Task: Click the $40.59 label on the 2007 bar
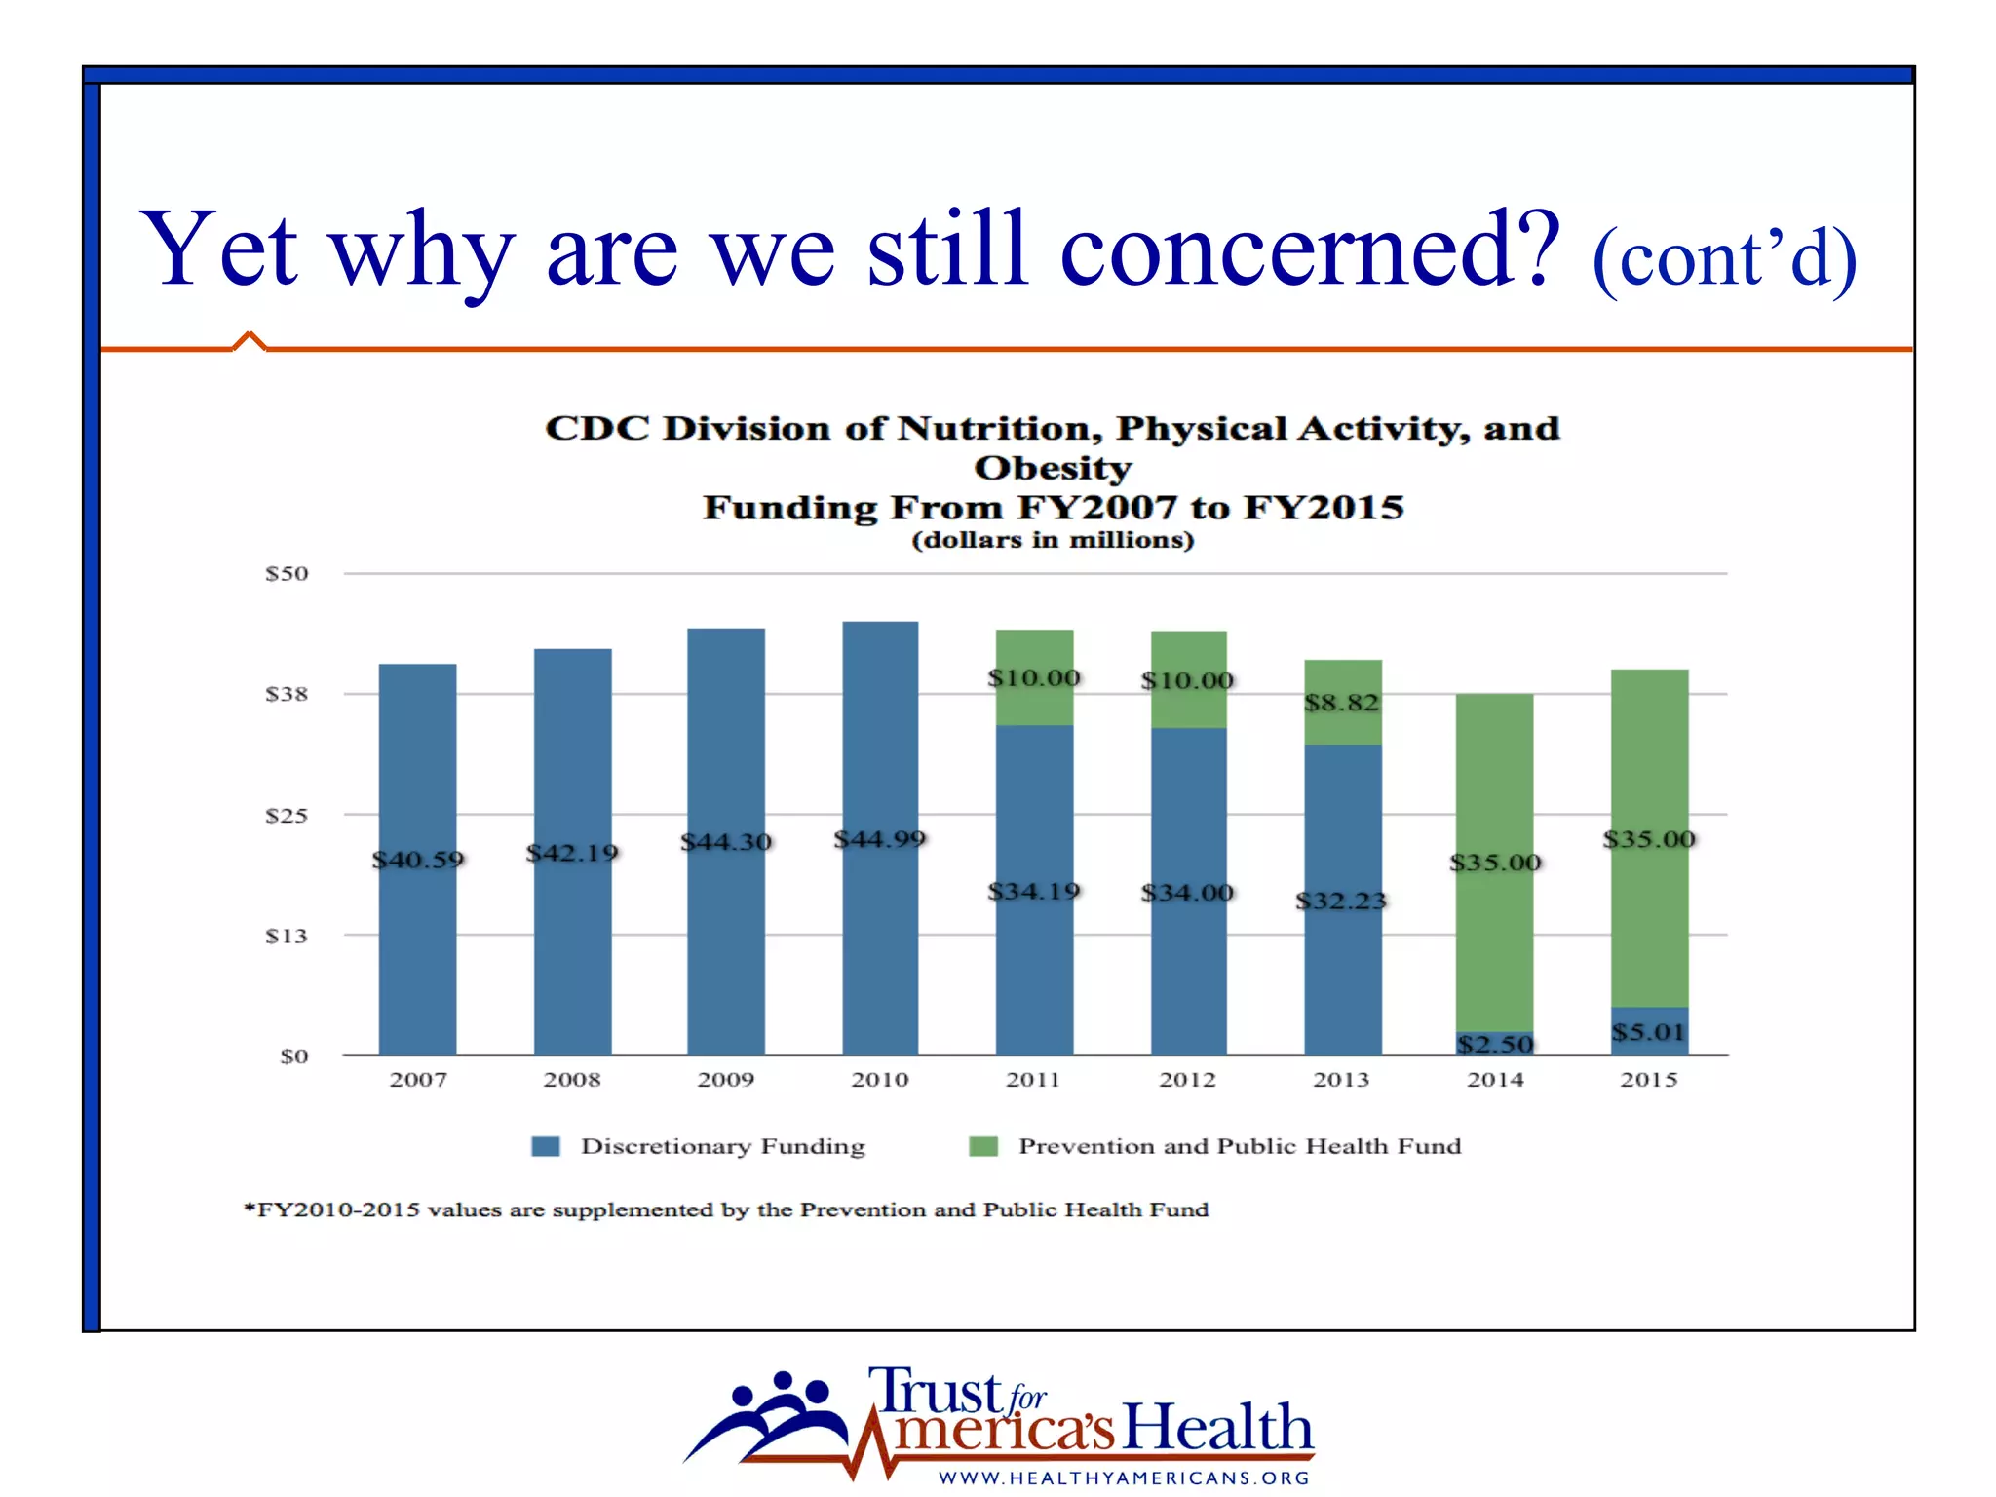point(418,860)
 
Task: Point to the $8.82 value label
point(1342,703)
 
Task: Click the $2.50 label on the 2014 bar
point(1495,1045)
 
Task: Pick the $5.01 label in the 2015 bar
point(1648,1032)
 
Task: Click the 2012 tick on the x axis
point(1187,1080)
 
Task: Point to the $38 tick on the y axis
point(287,694)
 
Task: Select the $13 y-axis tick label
point(287,936)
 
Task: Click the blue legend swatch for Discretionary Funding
point(546,1146)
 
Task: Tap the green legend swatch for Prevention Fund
point(983,1146)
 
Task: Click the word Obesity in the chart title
point(1053,468)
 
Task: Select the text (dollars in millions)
point(1053,540)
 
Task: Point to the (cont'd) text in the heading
point(1724,258)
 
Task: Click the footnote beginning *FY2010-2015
point(726,1209)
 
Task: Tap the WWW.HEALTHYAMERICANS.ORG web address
point(1124,1478)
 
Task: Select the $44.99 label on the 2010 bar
point(880,839)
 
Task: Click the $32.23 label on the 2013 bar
point(1341,901)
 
